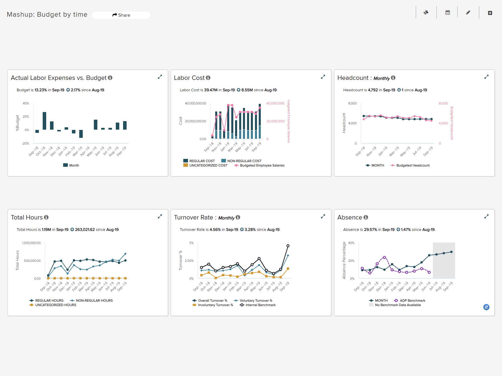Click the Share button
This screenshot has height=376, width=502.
point(121,15)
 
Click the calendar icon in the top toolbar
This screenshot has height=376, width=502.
point(448,13)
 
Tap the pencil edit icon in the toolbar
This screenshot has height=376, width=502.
point(468,13)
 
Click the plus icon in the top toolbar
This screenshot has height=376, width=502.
point(490,13)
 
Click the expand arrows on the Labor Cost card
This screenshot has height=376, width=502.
point(323,77)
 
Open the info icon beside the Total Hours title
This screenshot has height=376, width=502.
point(46,217)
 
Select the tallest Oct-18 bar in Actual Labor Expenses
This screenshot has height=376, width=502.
point(44,121)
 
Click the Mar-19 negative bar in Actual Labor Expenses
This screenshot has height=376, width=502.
point(81,134)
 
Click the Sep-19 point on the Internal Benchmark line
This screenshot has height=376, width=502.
point(288,246)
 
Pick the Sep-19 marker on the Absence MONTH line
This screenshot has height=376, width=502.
point(451,252)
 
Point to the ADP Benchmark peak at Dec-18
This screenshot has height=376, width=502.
point(384,257)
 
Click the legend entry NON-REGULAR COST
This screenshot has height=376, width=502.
point(244,161)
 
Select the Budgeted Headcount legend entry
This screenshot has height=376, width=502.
point(413,165)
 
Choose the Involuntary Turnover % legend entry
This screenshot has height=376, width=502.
point(215,305)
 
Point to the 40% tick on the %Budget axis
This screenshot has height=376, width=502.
point(26,103)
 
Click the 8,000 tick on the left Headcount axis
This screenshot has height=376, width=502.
point(352,103)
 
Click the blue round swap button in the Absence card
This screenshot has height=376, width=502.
point(486,307)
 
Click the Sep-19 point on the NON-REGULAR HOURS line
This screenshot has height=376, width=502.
point(125,254)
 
